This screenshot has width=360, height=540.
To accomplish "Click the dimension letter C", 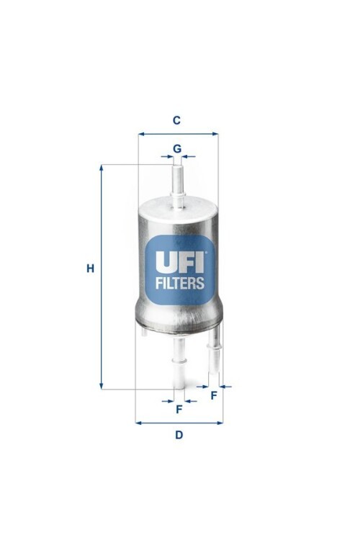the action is pos(176,120).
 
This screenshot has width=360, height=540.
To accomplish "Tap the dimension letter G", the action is pos(177,149).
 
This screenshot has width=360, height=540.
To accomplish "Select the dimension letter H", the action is pos(90,268).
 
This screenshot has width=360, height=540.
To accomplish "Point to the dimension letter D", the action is pos(179,435).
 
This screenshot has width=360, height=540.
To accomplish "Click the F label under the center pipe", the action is pos(179,410).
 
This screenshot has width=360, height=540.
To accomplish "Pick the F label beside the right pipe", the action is pos(214,396).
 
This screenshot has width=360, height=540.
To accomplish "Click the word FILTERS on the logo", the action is pos(180,283).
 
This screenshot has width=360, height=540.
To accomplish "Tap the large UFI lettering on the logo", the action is pos(180,262).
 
